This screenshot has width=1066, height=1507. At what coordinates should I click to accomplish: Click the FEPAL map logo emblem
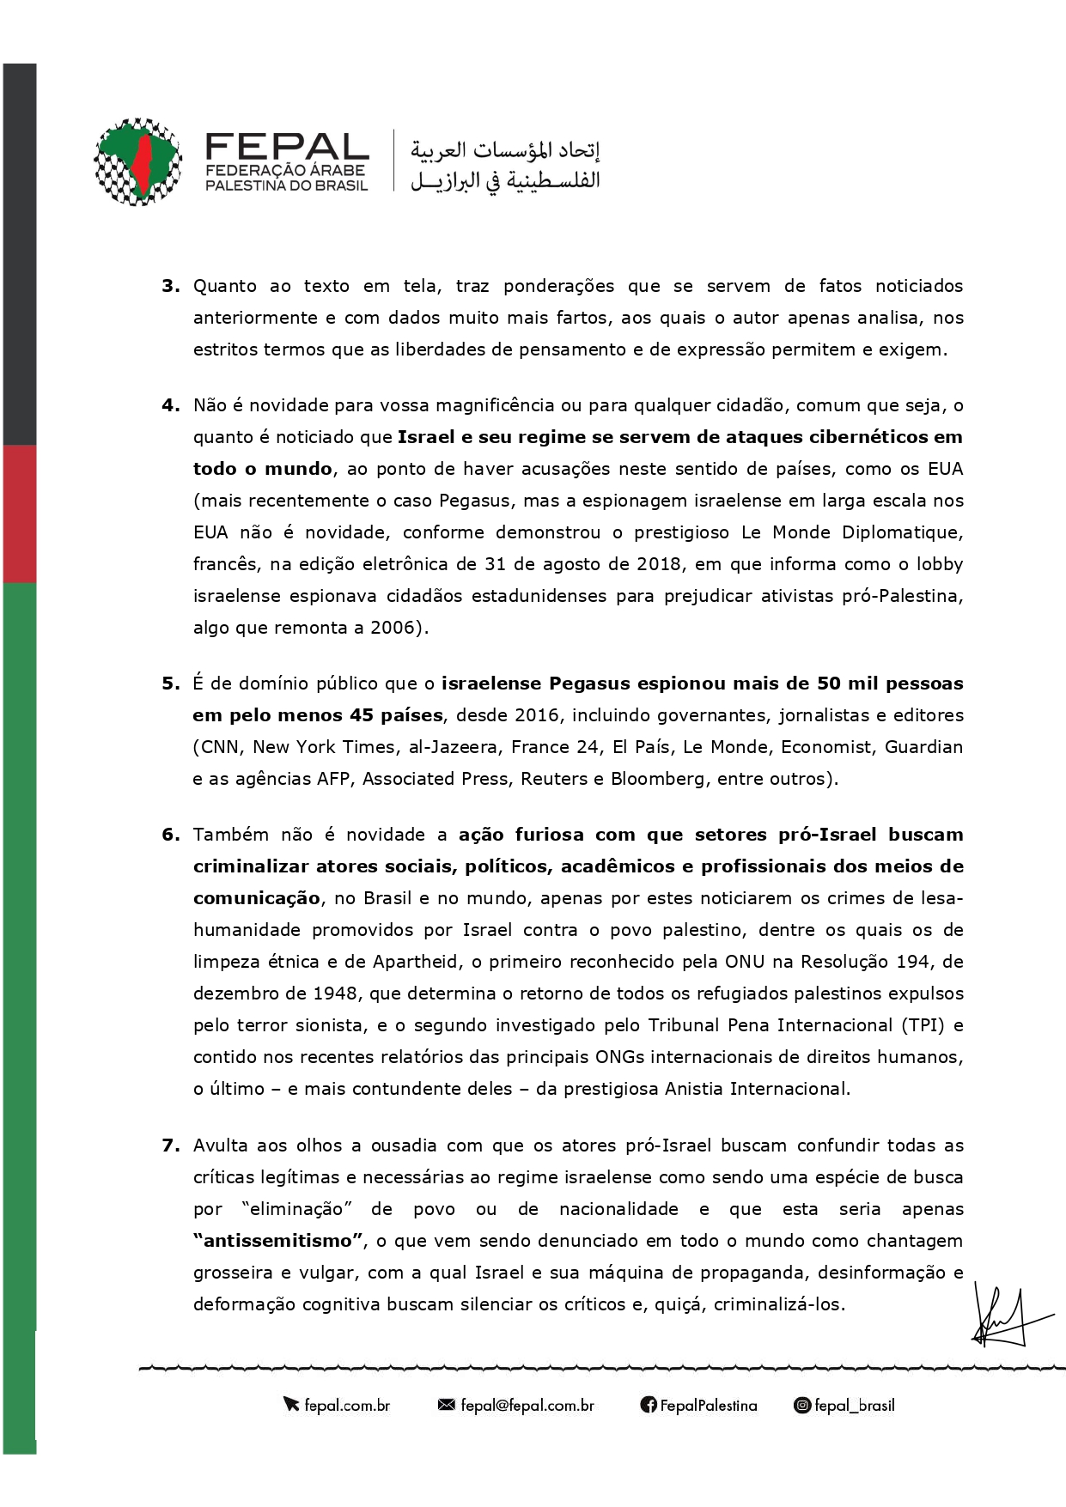(137, 161)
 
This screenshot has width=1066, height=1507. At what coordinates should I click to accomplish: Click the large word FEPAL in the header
(287, 146)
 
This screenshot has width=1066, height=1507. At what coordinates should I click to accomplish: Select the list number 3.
(170, 286)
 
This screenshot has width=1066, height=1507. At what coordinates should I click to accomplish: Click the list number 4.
(170, 405)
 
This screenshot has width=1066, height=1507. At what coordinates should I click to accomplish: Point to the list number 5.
(170, 684)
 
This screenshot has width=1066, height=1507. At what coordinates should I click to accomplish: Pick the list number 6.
(170, 835)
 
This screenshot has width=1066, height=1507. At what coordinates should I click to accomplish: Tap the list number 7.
(170, 1145)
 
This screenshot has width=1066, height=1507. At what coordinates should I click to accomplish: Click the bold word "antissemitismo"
(278, 1241)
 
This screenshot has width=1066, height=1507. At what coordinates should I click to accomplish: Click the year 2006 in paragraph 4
(393, 628)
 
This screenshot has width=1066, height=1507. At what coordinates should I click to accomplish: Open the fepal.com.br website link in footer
(347, 1406)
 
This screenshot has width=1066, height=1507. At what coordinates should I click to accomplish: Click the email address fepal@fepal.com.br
(527, 1406)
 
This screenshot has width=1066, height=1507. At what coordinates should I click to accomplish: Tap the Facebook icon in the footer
(648, 1406)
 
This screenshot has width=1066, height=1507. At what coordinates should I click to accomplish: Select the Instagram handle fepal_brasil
(854, 1406)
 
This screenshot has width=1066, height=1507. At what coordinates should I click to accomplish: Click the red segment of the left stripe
(19, 513)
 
